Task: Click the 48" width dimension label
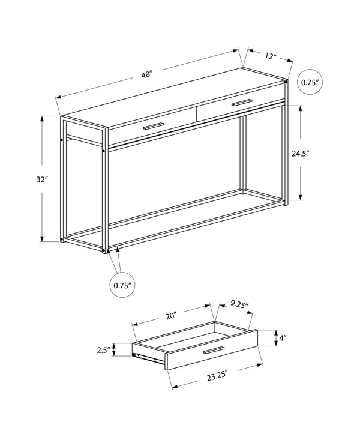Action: coord(147,75)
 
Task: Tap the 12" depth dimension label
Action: coord(270,56)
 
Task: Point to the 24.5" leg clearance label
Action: coord(300,153)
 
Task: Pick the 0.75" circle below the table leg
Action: coord(122,285)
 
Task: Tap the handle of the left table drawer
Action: coord(154,126)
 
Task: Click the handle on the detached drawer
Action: coord(214,351)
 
